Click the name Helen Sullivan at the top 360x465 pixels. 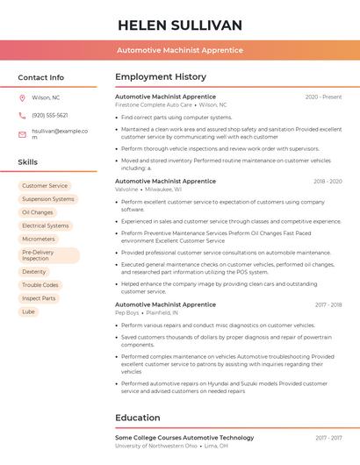click(180, 25)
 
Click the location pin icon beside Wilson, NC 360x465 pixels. click(22, 98)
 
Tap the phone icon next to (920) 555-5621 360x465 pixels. click(22, 116)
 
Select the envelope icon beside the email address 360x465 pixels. click(22, 134)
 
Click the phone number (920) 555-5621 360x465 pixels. click(50, 116)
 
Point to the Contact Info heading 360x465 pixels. click(40, 77)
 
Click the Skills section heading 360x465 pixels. click(28, 162)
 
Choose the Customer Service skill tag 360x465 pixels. click(45, 186)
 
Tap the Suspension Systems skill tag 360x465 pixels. click(48, 199)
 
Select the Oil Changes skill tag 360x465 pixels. click(38, 212)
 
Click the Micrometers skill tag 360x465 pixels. click(39, 239)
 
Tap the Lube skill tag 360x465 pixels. click(29, 311)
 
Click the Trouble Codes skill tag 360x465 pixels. click(40, 285)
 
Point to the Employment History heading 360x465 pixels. click(161, 77)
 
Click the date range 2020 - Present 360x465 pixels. click(323, 97)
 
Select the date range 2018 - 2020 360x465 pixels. click(328, 182)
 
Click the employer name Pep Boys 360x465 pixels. click(127, 312)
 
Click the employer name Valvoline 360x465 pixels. click(126, 190)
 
